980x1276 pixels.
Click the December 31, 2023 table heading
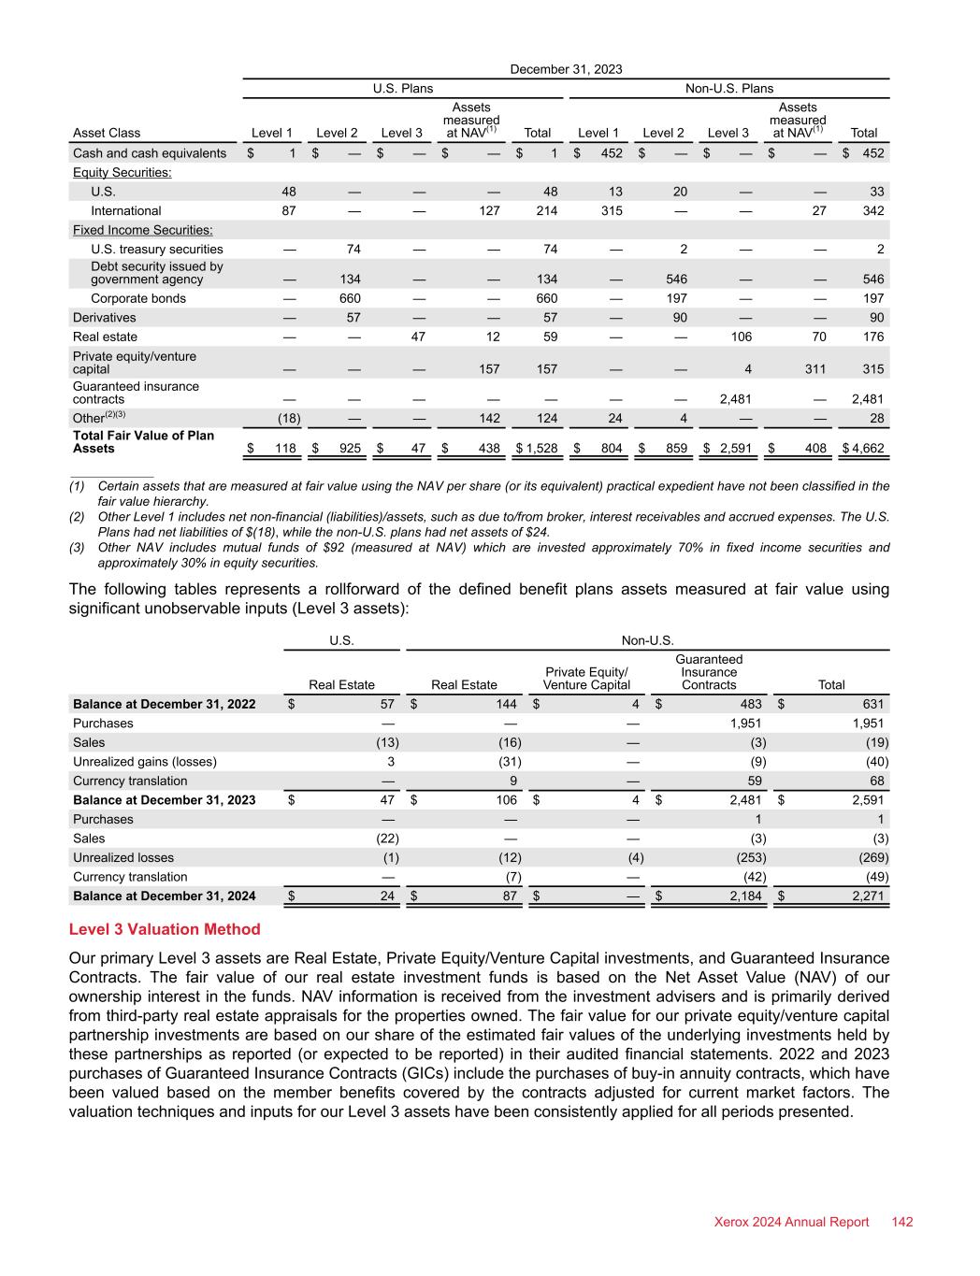pyautogui.click(x=566, y=69)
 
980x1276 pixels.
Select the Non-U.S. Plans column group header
pyautogui.click(x=729, y=89)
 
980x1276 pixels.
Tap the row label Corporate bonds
pyautogui.click(x=138, y=298)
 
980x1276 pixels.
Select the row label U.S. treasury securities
pyautogui.click(x=157, y=249)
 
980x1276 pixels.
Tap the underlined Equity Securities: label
pyautogui.click(x=122, y=173)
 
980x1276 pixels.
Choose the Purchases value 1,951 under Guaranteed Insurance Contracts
pyautogui.click(x=745, y=724)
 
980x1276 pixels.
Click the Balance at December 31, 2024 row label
pyautogui.click(x=165, y=896)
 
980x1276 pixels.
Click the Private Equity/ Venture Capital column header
pyautogui.click(x=586, y=679)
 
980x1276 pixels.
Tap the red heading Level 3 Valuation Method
pyautogui.click(x=165, y=929)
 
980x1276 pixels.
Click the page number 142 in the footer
pyautogui.click(x=902, y=1222)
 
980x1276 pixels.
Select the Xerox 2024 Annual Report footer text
pyautogui.click(x=791, y=1222)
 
